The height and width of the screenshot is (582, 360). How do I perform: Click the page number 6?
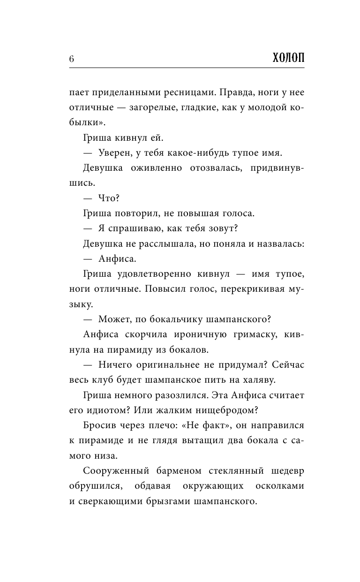point(71,59)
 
